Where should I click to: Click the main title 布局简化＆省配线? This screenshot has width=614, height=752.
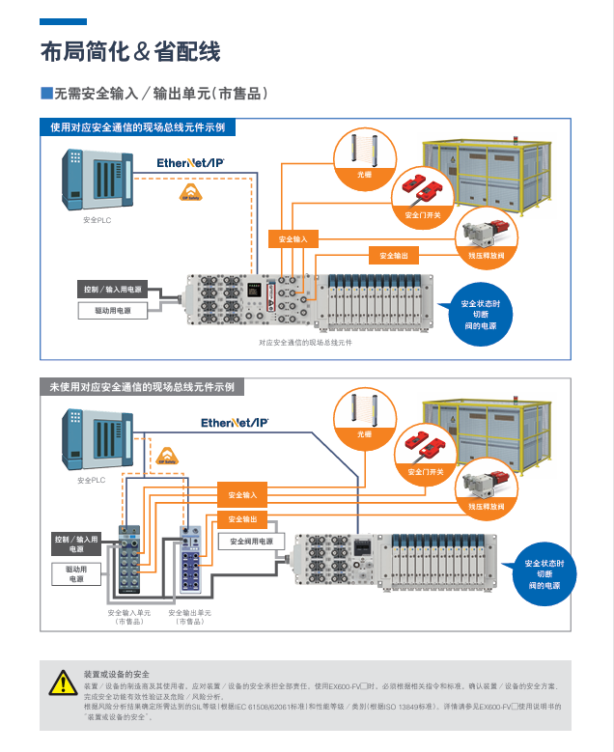pyautogui.click(x=129, y=51)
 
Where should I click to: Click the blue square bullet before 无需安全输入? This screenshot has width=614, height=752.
pyautogui.click(x=45, y=94)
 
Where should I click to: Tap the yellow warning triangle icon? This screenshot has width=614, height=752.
pyautogui.click(x=61, y=682)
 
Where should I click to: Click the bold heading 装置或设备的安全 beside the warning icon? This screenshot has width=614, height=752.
pyautogui.click(x=116, y=673)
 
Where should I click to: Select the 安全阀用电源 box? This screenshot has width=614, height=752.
pyautogui.click(x=252, y=542)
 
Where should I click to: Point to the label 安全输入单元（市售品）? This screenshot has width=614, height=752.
pyautogui.click(x=128, y=617)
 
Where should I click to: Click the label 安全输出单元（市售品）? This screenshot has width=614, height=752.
pyautogui.click(x=189, y=617)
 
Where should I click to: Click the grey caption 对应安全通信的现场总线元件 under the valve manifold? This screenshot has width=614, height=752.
pyautogui.click(x=305, y=343)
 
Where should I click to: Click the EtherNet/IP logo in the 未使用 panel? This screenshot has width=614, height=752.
pyautogui.click(x=235, y=422)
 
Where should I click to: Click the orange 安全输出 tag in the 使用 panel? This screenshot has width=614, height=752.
pyautogui.click(x=393, y=256)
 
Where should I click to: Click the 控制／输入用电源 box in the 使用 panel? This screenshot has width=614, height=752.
pyautogui.click(x=112, y=290)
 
